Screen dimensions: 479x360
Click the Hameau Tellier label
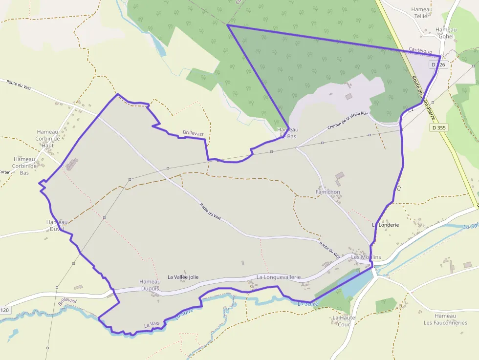421,13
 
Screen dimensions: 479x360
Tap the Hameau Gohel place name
446,33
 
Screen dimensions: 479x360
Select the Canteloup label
420,50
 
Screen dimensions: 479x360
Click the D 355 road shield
439,127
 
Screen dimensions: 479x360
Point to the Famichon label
327,192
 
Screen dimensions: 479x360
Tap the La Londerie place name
386,225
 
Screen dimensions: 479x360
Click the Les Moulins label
366,257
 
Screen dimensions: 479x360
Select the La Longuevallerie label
279,277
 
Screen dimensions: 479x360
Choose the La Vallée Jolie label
183,277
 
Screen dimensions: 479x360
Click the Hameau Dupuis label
150,285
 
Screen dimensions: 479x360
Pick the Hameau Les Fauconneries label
445,319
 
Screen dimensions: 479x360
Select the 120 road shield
4,310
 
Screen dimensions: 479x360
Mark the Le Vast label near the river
152,324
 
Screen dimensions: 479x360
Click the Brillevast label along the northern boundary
193,132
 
